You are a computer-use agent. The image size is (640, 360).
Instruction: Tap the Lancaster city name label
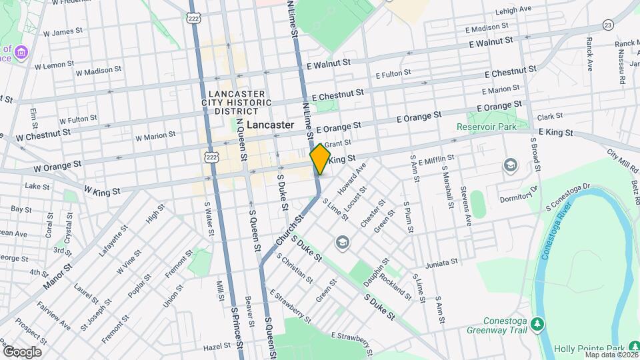click(x=270, y=125)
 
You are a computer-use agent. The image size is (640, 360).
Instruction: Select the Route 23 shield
click(x=607, y=25)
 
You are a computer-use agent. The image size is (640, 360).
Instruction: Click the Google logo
click(x=21, y=352)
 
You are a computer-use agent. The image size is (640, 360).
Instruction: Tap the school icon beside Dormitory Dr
click(x=511, y=165)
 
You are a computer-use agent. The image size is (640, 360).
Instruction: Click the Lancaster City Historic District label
click(x=237, y=103)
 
